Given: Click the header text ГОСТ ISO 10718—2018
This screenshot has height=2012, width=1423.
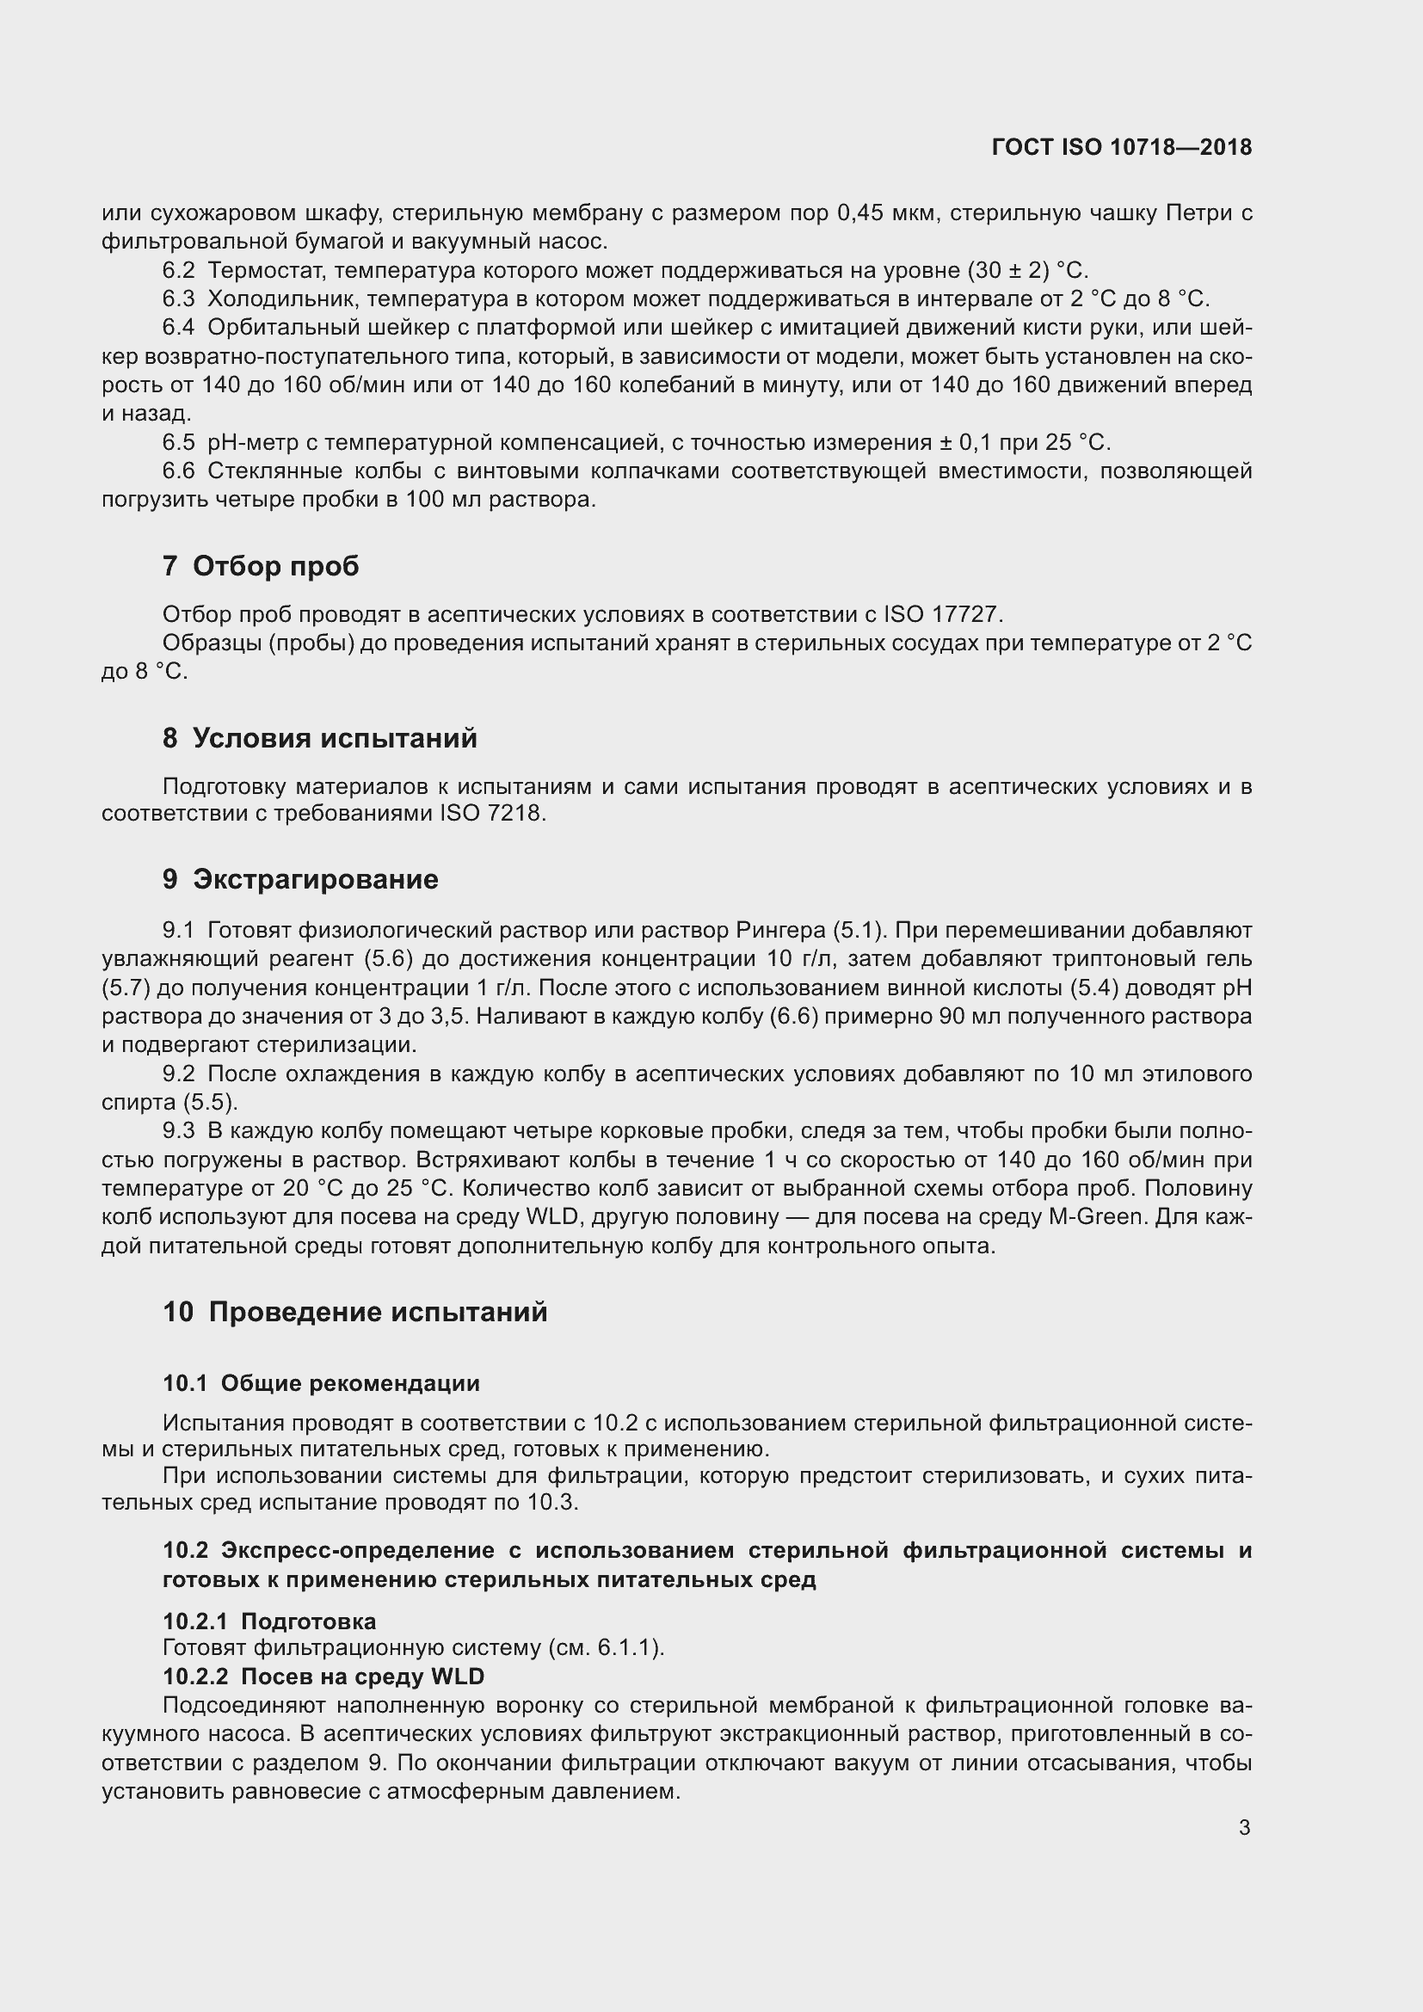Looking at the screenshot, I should point(1121,147).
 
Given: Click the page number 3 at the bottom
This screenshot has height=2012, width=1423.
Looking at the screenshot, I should point(1244,1827).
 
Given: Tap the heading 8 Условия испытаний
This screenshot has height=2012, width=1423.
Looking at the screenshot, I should point(320,738).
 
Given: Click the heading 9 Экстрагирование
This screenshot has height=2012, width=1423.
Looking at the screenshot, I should point(299,879).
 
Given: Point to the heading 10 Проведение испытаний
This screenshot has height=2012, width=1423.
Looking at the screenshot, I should point(354,1312).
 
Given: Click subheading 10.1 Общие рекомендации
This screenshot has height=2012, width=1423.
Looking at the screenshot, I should point(321,1383).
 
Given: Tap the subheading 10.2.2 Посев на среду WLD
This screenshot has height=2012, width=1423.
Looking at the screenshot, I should point(323,1677).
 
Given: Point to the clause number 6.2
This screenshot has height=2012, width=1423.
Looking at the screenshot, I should point(178,270).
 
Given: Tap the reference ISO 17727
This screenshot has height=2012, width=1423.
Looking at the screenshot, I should point(942,613).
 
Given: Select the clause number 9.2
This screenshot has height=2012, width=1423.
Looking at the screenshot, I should point(178,1074).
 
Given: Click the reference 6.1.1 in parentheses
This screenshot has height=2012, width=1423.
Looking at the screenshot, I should point(626,1648).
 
